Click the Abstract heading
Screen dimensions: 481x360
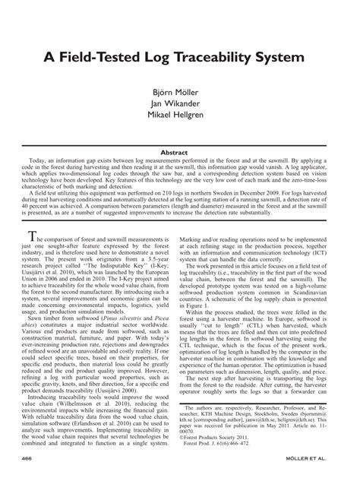(180, 153)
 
